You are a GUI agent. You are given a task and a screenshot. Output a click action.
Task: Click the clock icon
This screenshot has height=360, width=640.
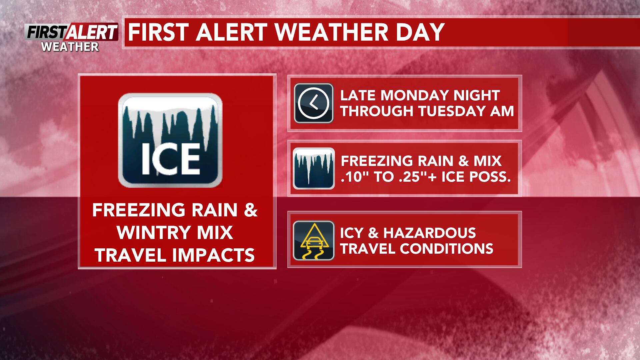[x=313, y=103]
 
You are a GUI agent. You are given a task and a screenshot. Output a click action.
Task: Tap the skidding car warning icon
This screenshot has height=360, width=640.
[x=313, y=240]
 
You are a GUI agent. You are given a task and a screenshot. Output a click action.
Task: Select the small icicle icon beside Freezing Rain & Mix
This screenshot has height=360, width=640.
[x=313, y=168]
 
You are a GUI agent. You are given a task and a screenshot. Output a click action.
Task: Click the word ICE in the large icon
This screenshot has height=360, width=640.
[x=171, y=159]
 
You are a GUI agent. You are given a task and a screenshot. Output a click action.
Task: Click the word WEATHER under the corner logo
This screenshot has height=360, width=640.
[x=70, y=47]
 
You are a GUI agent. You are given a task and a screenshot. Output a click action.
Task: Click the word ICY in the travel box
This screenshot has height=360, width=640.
[x=352, y=233]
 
